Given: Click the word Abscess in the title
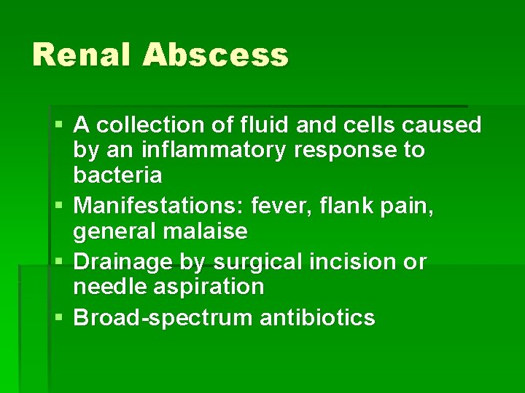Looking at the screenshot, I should click(215, 55).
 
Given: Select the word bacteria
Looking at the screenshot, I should click(117, 175).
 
